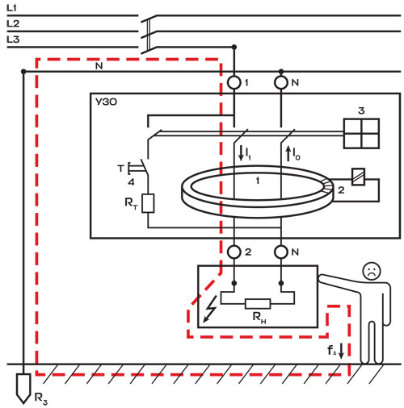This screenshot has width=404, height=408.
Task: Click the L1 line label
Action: click(x=11, y=8)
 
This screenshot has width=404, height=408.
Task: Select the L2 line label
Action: click(x=13, y=24)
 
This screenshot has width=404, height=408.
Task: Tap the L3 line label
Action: click(x=13, y=40)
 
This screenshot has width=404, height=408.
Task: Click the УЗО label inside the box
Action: click(x=106, y=102)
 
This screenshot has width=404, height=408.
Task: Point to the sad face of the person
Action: click(x=372, y=271)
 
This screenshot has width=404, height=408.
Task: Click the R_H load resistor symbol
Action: click(x=258, y=304)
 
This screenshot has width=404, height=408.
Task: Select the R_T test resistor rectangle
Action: click(x=148, y=203)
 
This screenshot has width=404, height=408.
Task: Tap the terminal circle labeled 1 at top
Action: click(x=234, y=82)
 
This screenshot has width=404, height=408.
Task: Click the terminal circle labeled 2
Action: click(x=234, y=252)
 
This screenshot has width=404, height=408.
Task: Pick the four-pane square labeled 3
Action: click(x=361, y=133)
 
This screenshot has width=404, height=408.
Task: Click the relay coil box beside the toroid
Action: click(x=359, y=177)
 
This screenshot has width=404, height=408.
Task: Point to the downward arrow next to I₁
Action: click(x=241, y=153)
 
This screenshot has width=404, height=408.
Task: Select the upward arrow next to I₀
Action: click(x=288, y=153)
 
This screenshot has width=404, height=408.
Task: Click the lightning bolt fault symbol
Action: click(x=209, y=309)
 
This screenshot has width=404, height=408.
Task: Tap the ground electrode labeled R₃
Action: click(x=23, y=389)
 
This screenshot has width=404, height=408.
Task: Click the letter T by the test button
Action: click(x=121, y=169)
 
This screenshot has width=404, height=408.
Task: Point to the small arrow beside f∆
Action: click(x=341, y=351)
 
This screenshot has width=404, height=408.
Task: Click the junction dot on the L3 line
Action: click(x=234, y=47)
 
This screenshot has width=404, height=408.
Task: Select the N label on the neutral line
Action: click(x=99, y=66)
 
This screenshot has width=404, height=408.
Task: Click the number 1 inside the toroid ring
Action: click(x=258, y=181)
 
